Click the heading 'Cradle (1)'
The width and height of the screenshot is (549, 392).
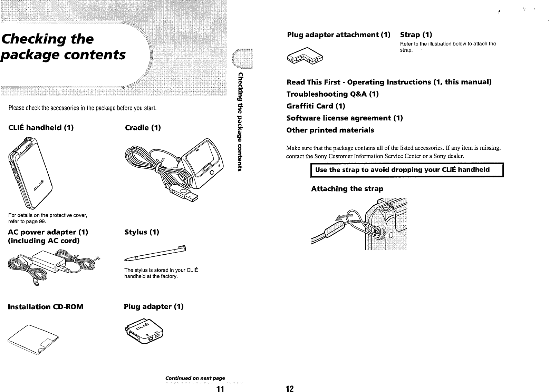[x=143, y=128]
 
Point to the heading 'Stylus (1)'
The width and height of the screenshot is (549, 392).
[x=142, y=232]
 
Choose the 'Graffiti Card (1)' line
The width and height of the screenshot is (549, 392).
[x=316, y=106]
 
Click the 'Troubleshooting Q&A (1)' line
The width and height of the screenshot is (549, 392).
[x=333, y=94]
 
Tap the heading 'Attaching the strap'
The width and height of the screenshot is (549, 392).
[x=347, y=189]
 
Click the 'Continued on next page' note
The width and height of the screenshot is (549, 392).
[x=195, y=378]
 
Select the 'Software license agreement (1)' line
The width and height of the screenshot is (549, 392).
[x=345, y=118]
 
